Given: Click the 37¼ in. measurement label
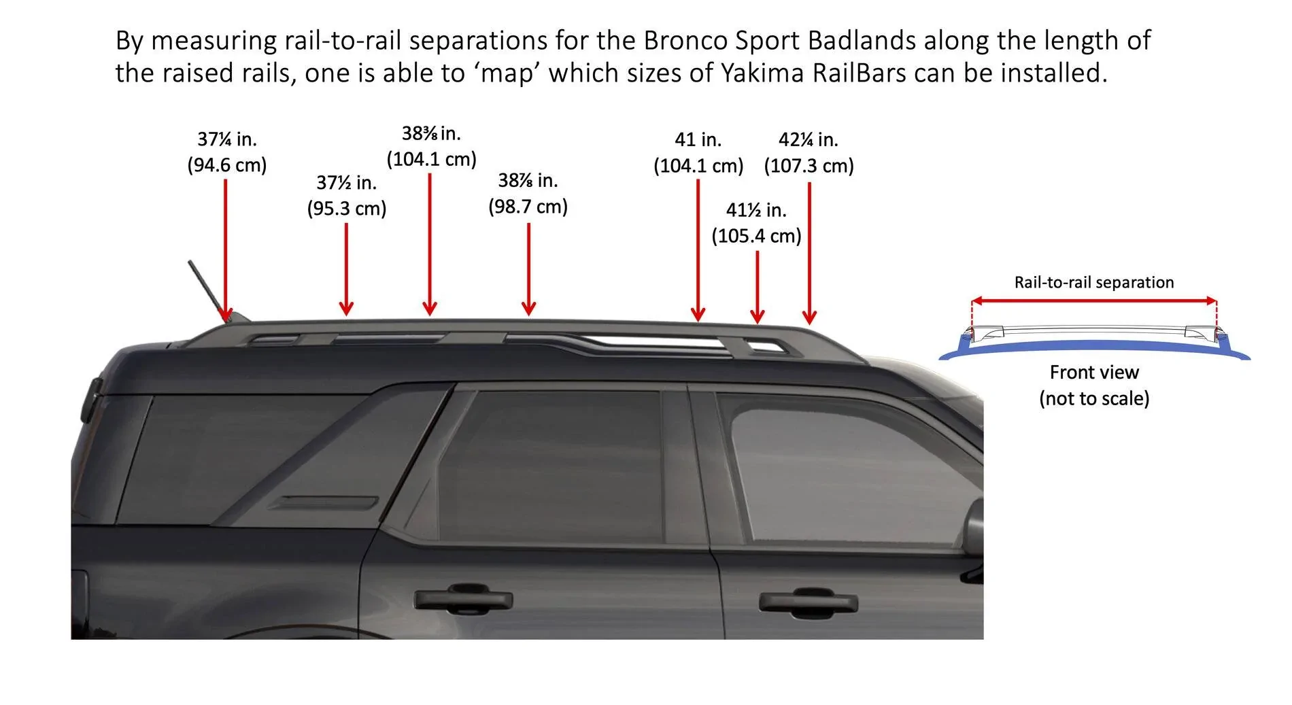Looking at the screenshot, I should pyautogui.click(x=226, y=139).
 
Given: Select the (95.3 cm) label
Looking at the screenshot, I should pyautogui.click(x=346, y=208).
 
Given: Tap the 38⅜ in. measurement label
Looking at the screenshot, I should pyautogui.click(x=431, y=133).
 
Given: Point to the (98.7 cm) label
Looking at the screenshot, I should pyautogui.click(x=528, y=206).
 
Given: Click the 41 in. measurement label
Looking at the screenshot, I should pyautogui.click(x=698, y=139).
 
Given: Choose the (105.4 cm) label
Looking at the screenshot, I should pyautogui.click(x=756, y=236).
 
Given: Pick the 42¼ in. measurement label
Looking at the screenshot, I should pyautogui.click(x=808, y=139).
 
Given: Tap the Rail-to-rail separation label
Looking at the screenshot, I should pyautogui.click(x=1093, y=282).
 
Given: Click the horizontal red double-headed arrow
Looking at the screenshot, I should pyautogui.click(x=1093, y=300).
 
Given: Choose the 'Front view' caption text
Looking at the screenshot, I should pyautogui.click(x=1093, y=372).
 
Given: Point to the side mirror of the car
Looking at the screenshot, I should pyautogui.click(x=974, y=530).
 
